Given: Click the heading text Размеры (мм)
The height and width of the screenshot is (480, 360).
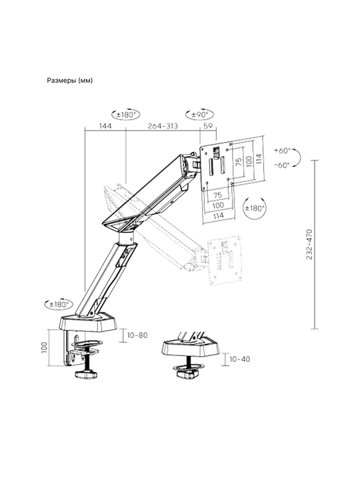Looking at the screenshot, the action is click(x=70, y=81).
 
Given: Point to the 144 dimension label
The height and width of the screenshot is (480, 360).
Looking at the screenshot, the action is click(x=105, y=126).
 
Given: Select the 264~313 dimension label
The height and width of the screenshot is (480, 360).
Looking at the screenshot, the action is click(x=163, y=126).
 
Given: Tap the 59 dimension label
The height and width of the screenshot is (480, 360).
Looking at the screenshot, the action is click(x=208, y=126).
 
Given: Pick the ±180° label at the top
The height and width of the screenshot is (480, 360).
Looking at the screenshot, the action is click(x=126, y=115).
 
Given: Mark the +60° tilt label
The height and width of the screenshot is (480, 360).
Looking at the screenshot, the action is click(x=282, y=151).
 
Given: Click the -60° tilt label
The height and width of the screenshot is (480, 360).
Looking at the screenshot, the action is click(x=282, y=165).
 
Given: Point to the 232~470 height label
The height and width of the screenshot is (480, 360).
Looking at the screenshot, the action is click(x=309, y=244).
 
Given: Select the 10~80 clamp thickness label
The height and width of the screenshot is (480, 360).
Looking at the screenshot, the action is click(x=138, y=335).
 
